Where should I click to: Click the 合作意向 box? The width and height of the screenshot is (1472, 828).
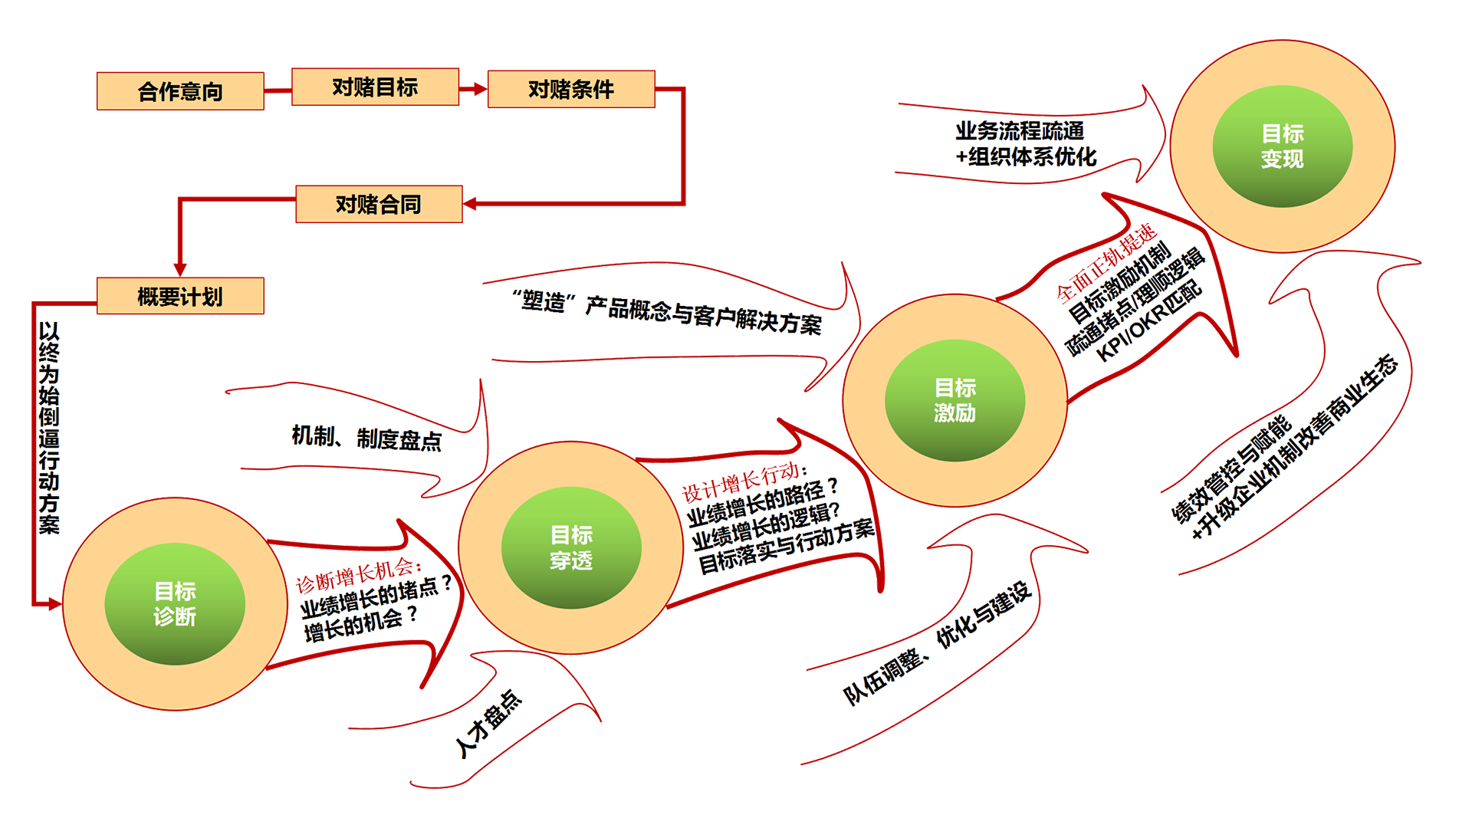180,91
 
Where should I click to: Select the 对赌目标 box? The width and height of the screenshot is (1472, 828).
375,87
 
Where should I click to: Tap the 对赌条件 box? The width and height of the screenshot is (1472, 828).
571,89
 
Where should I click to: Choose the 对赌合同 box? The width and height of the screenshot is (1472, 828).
379,204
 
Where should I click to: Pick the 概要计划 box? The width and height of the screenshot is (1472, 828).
180,296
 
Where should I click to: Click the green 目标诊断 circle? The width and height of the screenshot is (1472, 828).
175,603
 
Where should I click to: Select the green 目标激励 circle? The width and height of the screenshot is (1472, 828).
955,400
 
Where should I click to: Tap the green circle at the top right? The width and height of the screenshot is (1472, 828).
1282,146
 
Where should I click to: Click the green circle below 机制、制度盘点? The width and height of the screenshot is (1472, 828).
571,547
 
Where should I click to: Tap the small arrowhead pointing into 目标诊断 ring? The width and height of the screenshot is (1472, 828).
52,603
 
